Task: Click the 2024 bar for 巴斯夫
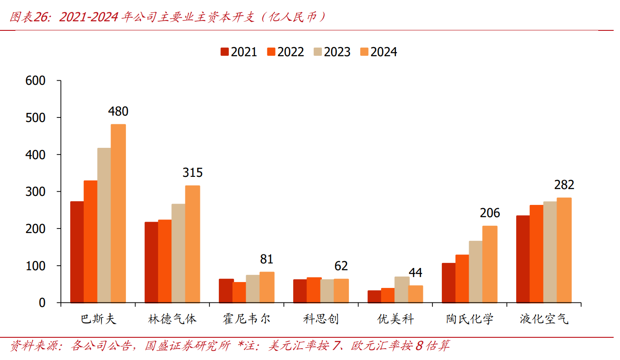(118, 213)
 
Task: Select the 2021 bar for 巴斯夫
(77, 252)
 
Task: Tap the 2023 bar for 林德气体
(179, 253)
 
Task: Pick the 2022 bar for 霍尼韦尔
(239, 292)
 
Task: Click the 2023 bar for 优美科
(402, 289)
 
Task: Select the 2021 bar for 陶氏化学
(449, 282)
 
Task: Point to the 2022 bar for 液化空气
(537, 253)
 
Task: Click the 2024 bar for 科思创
(341, 291)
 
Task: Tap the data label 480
(118, 112)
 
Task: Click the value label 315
(193, 173)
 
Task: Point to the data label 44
(416, 273)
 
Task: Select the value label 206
(490, 213)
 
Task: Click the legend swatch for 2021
(225, 52)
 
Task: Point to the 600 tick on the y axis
(36, 81)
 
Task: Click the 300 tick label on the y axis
(36, 192)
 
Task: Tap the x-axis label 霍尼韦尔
(247, 319)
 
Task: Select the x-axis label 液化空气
(544, 319)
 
